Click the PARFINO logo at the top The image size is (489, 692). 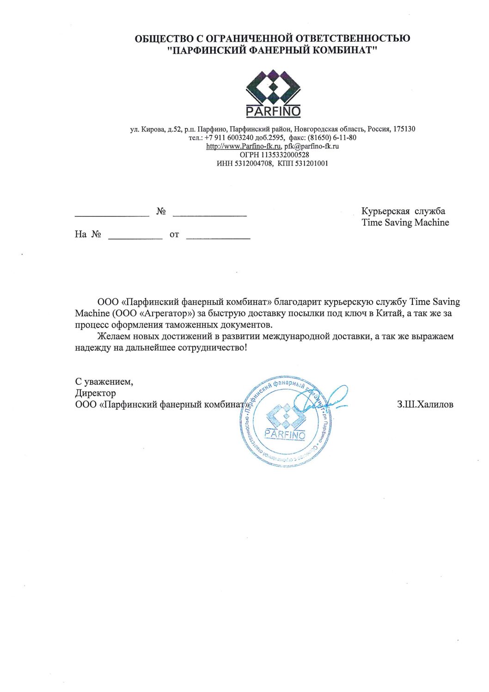click(273, 93)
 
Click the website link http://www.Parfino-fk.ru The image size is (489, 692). click(244, 146)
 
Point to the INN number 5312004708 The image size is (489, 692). click(254, 163)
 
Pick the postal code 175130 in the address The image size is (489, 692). click(404, 129)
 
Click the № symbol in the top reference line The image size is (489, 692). click(161, 211)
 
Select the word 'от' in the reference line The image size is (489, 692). click(174, 235)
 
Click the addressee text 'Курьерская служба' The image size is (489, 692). click(403, 211)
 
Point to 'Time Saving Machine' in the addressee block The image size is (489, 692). click(405, 222)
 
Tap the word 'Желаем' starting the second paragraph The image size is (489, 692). click(112, 336)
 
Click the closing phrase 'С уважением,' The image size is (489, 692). click(104, 382)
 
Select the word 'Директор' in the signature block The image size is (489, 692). click(95, 393)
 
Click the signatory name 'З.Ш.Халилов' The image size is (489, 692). click(425, 405)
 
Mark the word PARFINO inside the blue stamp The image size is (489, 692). click(285, 435)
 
